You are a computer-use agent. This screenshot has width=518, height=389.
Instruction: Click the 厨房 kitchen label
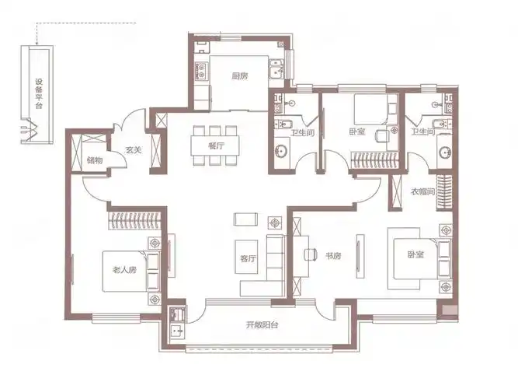(x=240, y=76)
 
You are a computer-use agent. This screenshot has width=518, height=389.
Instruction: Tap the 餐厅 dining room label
(x=216, y=145)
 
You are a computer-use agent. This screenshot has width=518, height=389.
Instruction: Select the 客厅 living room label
(x=248, y=258)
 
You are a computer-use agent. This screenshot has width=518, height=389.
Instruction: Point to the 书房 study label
(x=333, y=256)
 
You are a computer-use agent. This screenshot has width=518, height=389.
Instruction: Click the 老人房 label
(x=124, y=270)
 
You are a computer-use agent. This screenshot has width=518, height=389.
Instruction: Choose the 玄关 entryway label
(x=134, y=150)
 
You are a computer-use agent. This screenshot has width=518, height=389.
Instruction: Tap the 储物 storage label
(x=95, y=160)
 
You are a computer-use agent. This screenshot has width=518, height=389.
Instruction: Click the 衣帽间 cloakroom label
(x=422, y=191)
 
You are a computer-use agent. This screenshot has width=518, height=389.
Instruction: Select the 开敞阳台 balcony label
(x=262, y=324)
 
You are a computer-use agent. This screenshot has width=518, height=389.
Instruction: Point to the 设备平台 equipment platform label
(x=39, y=93)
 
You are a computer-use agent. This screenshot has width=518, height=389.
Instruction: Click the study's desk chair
(x=310, y=254)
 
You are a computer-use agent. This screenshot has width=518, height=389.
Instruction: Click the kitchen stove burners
(x=201, y=71)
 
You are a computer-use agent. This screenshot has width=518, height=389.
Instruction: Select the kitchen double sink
(x=276, y=68)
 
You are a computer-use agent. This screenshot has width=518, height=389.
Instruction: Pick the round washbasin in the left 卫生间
(x=281, y=152)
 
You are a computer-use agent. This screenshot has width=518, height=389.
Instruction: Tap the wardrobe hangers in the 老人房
(x=134, y=220)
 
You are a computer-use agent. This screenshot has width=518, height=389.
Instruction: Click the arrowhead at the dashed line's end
(x=37, y=43)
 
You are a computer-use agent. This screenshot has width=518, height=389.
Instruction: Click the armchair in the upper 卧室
(x=383, y=136)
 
